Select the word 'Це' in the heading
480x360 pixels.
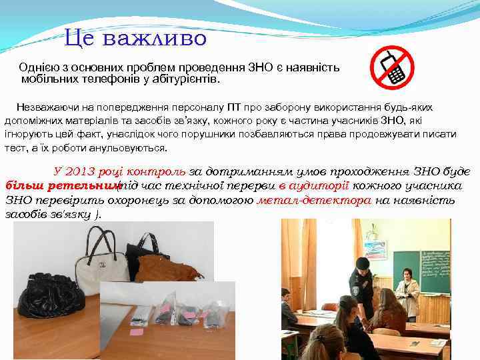coord(81,38)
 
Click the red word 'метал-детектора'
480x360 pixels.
coord(313,200)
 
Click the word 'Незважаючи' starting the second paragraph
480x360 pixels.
coord(45,108)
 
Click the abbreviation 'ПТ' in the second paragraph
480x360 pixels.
coord(234,108)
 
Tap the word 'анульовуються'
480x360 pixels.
coord(124,148)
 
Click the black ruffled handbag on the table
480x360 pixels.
coord(50,294)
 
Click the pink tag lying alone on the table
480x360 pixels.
coord(137,331)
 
